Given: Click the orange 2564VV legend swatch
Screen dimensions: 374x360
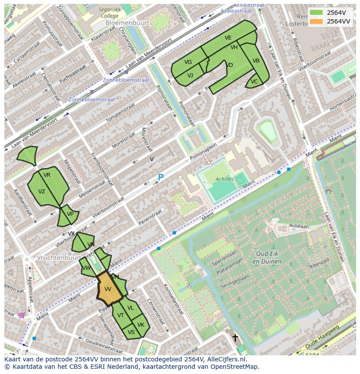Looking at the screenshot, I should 317,21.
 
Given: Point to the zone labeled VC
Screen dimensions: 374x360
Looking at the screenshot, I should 254,82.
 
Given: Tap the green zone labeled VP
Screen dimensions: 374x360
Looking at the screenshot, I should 70,214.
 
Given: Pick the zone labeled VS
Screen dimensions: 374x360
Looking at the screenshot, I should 132,332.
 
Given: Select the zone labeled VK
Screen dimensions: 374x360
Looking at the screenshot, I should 141,324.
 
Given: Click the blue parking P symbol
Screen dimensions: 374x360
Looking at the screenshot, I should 160,178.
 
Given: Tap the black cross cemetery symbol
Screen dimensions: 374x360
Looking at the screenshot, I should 235,337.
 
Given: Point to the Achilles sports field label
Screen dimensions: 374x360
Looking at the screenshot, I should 224,179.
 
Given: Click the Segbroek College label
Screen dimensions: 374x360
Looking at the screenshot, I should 108,12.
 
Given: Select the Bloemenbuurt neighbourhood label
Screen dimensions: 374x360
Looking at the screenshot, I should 130,23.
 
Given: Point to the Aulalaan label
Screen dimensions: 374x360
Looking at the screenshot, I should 299,226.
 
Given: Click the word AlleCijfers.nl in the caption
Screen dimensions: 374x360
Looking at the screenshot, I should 226,359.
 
